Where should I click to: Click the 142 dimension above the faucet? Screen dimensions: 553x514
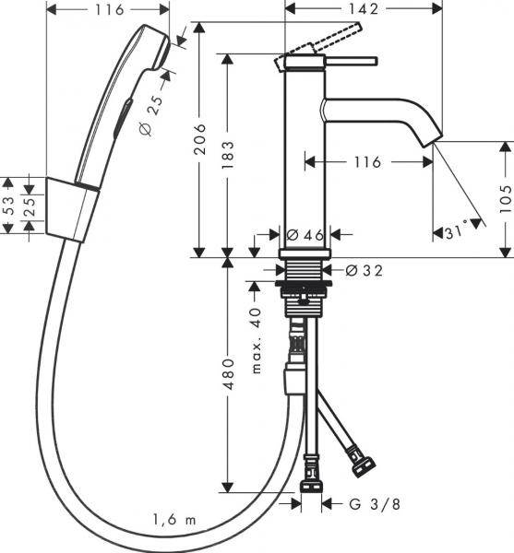[363, 10]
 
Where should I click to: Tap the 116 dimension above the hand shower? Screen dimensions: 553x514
[107, 10]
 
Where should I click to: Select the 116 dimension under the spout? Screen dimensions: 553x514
[365, 162]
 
